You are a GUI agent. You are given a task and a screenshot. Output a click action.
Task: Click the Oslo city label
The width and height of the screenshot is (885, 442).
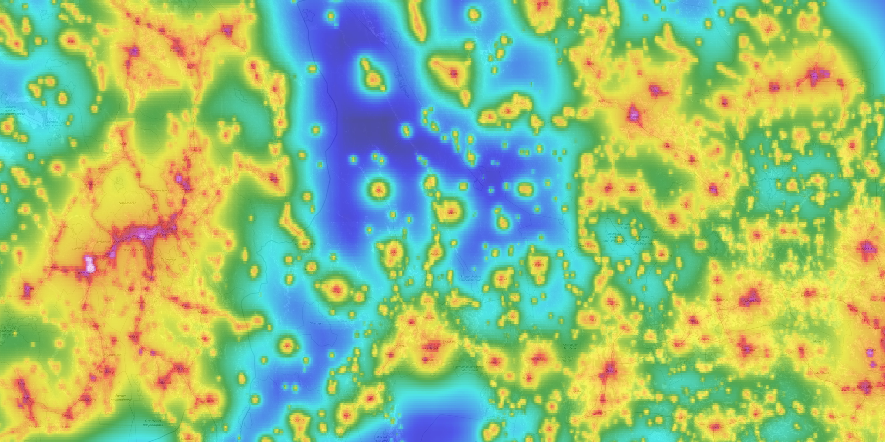[141, 237]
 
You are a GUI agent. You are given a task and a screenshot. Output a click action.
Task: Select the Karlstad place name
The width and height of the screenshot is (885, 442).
[431, 348]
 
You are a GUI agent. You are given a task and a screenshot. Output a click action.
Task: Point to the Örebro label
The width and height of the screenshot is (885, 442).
[611, 371]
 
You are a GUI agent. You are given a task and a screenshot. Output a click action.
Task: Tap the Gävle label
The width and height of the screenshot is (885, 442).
[814, 76]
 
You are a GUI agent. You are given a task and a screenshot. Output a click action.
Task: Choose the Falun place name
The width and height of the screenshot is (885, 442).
[655, 91]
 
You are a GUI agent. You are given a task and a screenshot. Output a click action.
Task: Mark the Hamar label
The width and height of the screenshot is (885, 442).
[175, 50]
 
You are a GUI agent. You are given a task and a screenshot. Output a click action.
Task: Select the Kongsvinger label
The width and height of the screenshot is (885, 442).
[273, 179]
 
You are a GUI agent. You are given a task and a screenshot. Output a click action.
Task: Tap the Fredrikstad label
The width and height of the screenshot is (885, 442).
[161, 383]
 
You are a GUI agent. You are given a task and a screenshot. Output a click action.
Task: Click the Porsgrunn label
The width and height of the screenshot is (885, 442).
[27, 398]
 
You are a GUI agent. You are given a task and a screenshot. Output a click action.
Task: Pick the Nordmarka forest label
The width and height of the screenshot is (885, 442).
[127, 203]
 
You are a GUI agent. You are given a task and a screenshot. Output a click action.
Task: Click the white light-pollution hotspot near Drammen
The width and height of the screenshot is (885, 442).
[91, 264]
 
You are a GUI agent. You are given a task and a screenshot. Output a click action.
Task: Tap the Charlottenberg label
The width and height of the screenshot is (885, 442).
[305, 244]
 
